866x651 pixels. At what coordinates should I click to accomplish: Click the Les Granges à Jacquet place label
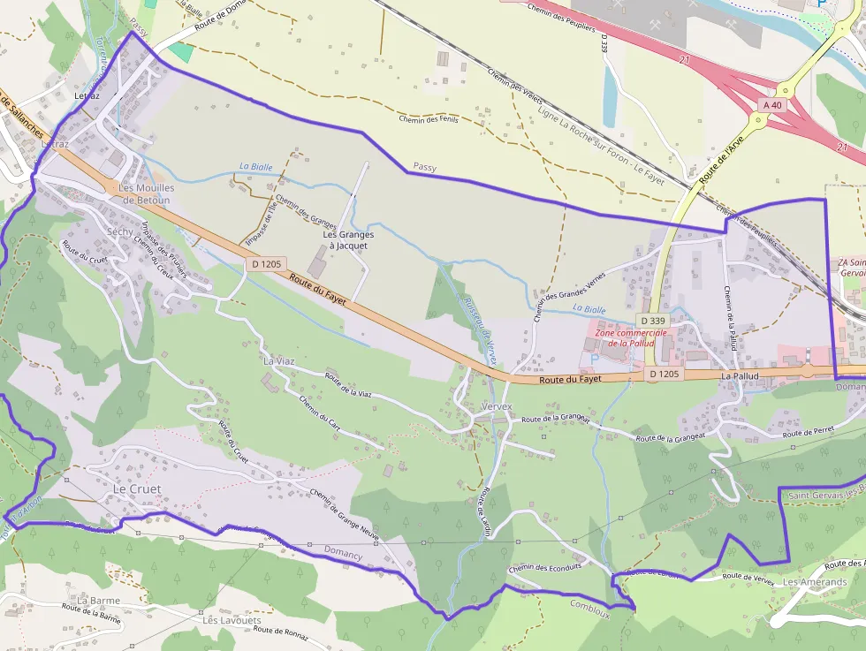(348, 240)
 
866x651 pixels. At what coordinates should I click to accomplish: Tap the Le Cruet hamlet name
(138, 488)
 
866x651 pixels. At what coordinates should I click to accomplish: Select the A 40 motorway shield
(771, 104)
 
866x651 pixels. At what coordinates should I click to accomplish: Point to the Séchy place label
(119, 231)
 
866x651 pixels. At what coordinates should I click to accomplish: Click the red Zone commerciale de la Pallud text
(631, 337)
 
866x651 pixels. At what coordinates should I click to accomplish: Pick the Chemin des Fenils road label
(429, 118)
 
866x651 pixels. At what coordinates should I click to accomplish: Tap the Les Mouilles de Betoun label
(147, 193)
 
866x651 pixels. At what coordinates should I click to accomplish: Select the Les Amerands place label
(815, 582)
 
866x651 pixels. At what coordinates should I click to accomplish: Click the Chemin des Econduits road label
(545, 567)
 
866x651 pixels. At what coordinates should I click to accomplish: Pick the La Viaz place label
(279, 360)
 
